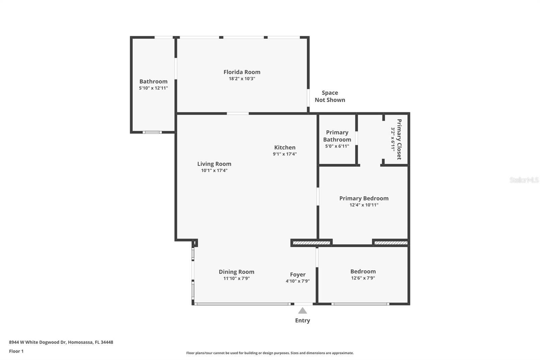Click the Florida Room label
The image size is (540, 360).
click(x=242, y=72)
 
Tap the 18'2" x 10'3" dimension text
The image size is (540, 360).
click(x=242, y=79)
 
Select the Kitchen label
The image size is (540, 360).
click(x=285, y=148)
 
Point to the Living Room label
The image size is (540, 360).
click(x=214, y=164)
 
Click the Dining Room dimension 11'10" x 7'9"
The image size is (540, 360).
click(x=237, y=279)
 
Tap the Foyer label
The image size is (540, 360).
click(x=298, y=275)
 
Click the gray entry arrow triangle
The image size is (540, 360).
click(x=302, y=311)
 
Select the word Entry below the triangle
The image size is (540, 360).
click(x=302, y=320)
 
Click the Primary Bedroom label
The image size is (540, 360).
click(x=364, y=198)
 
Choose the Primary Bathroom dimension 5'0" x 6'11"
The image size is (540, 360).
click(x=337, y=146)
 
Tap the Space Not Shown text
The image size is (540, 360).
click(x=330, y=96)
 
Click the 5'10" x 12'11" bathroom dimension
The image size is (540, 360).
click(x=153, y=88)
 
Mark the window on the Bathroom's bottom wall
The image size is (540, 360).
click(x=152, y=132)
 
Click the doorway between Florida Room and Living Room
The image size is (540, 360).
click(x=238, y=113)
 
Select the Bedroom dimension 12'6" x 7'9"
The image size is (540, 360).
click(x=363, y=278)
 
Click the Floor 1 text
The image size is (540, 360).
click(x=17, y=351)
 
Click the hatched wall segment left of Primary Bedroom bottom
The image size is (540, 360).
click(x=311, y=243)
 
